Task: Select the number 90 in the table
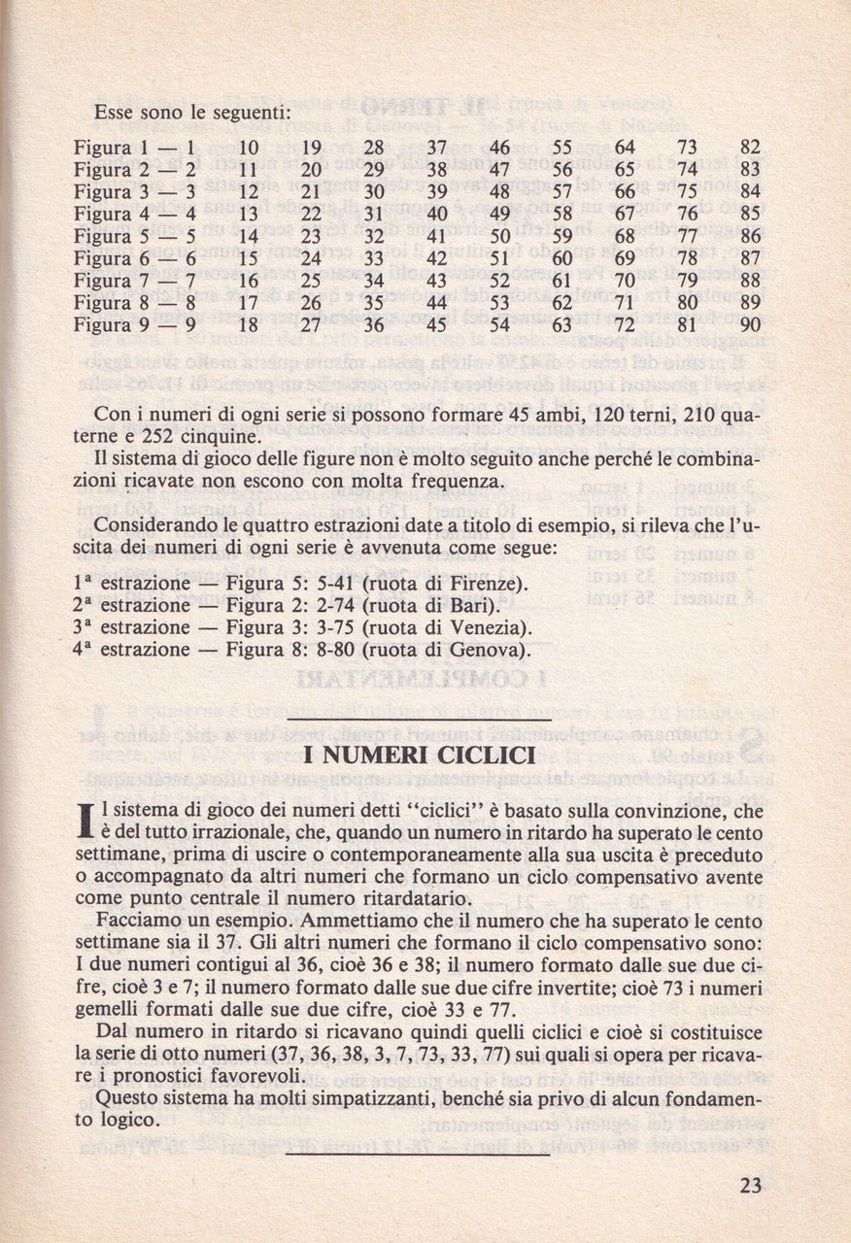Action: [x=749, y=325]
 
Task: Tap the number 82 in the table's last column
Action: [x=749, y=150]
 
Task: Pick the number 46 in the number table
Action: [x=499, y=150]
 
